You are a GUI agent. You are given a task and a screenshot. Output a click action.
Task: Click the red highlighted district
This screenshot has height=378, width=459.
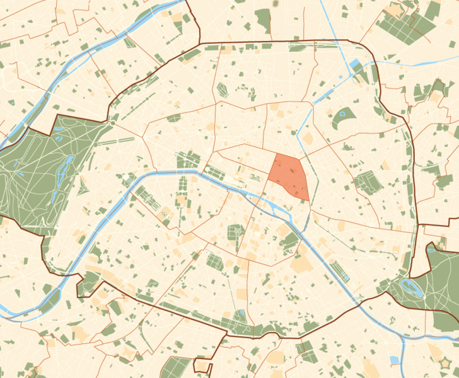click(x=289, y=176)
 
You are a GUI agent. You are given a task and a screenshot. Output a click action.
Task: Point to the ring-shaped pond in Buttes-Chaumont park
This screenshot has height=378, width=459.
click(x=344, y=115)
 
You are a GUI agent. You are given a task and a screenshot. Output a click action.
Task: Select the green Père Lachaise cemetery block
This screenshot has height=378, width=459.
click(x=366, y=183)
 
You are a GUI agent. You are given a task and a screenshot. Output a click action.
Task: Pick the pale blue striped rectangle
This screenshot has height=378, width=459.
click(x=395, y=360)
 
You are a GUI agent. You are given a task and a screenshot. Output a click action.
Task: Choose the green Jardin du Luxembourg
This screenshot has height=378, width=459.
click(x=235, y=232)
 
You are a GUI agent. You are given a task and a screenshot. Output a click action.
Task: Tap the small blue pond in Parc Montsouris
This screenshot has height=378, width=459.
click(x=240, y=317)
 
